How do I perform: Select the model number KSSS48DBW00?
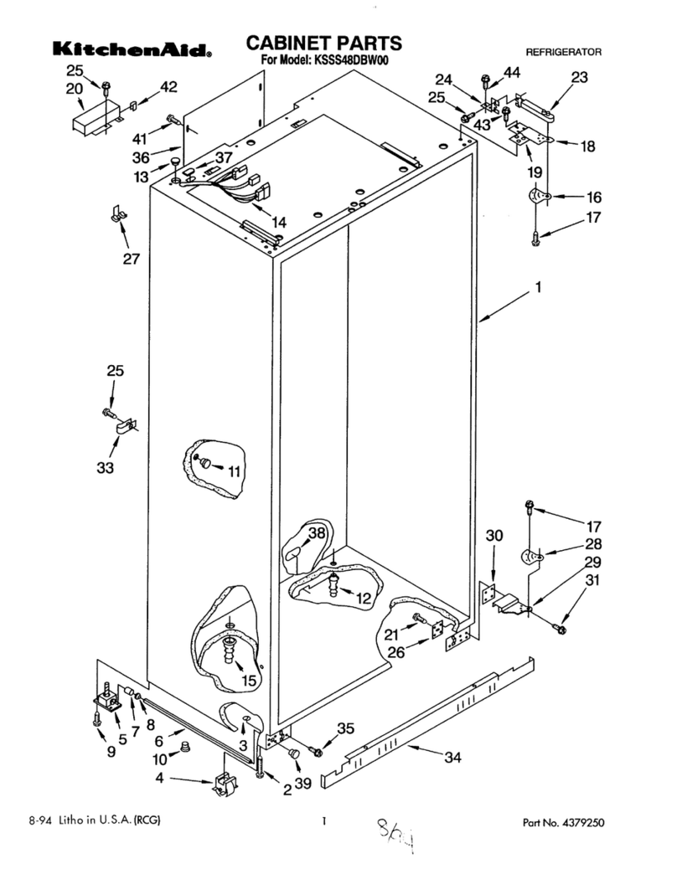point(350,60)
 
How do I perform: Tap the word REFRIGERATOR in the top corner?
point(563,52)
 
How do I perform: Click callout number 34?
point(452,758)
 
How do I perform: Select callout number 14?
point(278,223)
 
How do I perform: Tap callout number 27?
point(130,259)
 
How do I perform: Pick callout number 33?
point(104,468)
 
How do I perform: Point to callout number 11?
point(233,471)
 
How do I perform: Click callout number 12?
point(363,599)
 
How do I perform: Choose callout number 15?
point(249,681)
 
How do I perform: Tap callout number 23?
point(579,77)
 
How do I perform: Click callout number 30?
point(494,535)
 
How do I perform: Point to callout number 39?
point(302,782)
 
